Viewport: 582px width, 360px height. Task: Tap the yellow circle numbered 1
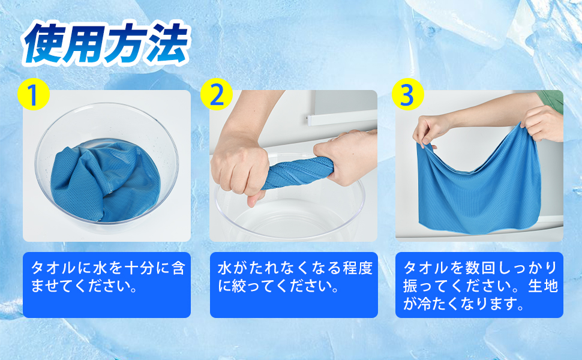coord(34,94)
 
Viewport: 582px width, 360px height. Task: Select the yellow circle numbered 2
coord(217,94)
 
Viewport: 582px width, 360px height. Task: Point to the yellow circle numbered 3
coord(407,94)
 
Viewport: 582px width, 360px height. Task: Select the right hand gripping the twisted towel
coord(345,157)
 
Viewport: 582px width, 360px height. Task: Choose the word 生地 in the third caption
coord(543,286)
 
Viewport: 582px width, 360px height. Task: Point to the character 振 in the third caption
coord(410,286)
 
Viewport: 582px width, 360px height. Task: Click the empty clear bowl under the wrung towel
coord(290,215)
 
